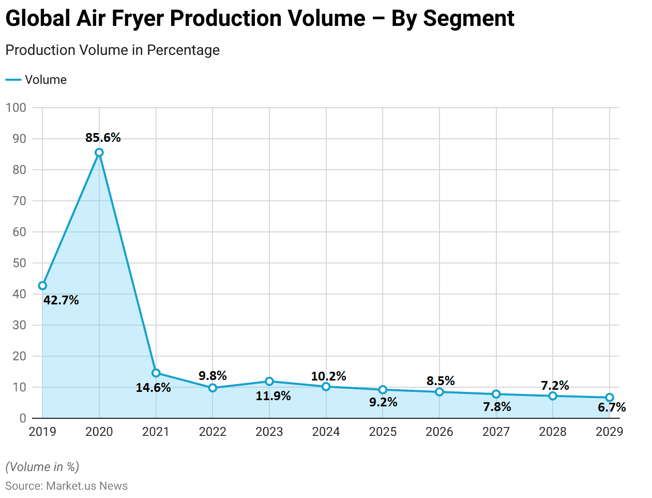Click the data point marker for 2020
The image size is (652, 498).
[99, 153]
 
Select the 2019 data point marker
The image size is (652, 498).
[42, 286]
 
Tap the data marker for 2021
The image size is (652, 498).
[156, 373]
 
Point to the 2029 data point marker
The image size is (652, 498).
[610, 398]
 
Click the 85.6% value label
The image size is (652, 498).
[103, 138]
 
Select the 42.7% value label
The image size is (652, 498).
[61, 300]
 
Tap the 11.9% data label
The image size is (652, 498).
[273, 397]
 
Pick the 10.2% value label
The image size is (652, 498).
[328, 376]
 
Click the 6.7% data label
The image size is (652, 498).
[612, 408]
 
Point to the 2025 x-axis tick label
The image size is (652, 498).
[383, 432]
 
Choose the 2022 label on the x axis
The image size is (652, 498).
[213, 432]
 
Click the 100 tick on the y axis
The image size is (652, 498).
[16, 108]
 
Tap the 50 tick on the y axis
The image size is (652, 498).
[19, 263]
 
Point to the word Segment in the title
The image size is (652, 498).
[468, 19]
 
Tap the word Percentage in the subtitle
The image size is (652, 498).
[183, 50]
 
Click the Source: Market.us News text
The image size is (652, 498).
[66, 486]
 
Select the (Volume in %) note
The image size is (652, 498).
[42, 467]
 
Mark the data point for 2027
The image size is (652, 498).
[496, 394]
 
